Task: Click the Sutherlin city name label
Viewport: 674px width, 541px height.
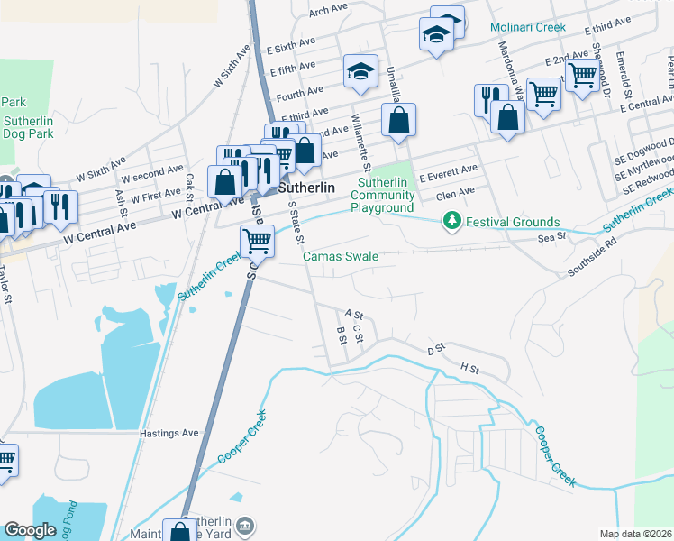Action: coord(306,188)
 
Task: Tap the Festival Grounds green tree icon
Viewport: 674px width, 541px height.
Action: coord(451,221)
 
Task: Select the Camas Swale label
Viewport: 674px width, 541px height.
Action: coord(340,256)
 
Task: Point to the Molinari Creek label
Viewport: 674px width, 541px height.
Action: coord(528,27)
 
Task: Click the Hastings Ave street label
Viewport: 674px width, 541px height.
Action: coord(168,433)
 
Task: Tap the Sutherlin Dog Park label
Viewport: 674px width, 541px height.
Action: coord(28,127)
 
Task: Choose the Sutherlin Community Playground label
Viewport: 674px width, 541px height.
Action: coord(382,196)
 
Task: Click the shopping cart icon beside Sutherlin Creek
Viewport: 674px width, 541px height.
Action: coord(257,240)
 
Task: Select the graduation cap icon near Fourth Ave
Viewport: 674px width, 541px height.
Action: coord(360,70)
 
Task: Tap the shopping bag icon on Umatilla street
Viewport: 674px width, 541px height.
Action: coord(398,119)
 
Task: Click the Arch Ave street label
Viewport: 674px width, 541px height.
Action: coord(328,10)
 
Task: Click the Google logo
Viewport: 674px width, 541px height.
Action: coord(30,529)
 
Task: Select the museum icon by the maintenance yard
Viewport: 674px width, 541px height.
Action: coord(245,525)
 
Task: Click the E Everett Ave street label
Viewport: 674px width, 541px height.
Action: coord(448,170)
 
